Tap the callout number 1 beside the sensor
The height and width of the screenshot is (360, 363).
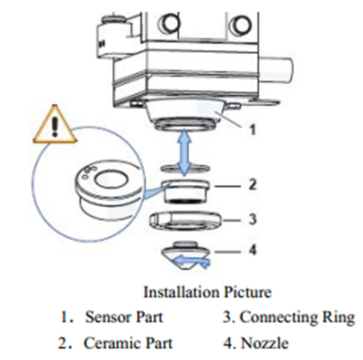pos(253,130)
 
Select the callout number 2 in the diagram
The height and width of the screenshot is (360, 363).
pos(253,185)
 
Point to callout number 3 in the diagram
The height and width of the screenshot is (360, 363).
pos(253,220)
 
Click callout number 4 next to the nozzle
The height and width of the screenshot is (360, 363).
pos(253,250)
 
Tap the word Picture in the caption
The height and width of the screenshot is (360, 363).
pos(247,292)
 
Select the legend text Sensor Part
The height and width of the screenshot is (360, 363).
pos(123,317)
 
